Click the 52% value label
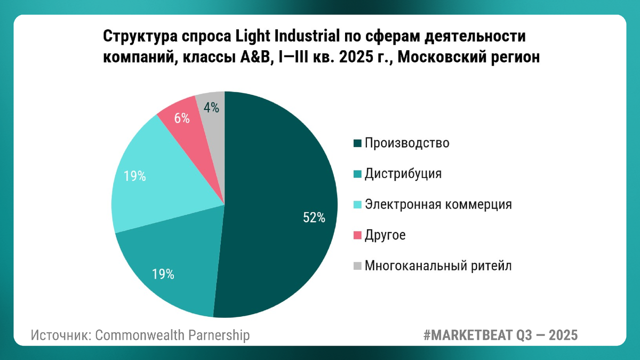[314, 218]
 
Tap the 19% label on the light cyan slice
[134, 176]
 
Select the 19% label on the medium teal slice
[163, 275]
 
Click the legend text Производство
[407, 143]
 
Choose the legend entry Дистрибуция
[403, 174]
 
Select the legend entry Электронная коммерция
[438, 204]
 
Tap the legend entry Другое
[385, 235]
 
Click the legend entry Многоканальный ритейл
[438, 266]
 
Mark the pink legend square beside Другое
[357, 235]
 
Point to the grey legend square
[357, 266]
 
